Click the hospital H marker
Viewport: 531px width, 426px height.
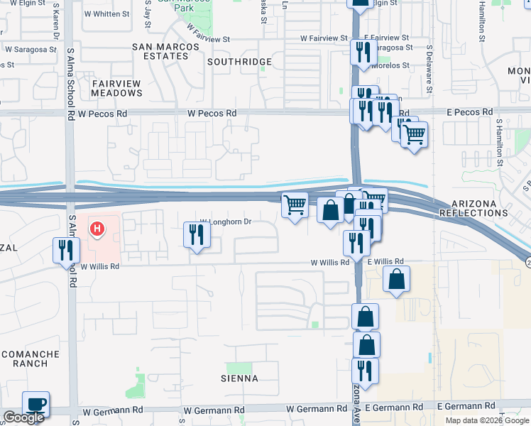point(98,229)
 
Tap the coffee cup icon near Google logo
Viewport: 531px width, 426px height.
point(35,405)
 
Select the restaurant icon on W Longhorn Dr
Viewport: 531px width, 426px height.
point(197,235)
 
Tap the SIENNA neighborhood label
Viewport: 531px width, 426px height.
point(239,378)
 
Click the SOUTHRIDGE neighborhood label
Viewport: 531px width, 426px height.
point(239,62)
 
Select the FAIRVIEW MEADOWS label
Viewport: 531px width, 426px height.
point(116,88)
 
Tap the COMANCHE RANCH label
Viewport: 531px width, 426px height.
point(24,358)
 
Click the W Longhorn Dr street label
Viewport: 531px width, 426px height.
point(226,222)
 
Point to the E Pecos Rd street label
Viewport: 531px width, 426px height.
point(469,112)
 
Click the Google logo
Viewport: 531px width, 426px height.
point(23,418)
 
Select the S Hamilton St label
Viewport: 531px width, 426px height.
point(500,142)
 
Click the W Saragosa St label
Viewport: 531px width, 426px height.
point(31,50)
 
